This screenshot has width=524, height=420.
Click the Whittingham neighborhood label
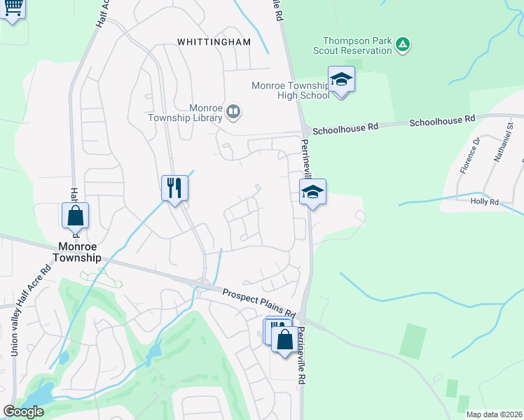tap(214, 42)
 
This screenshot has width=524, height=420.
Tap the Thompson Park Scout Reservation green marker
tap(403, 45)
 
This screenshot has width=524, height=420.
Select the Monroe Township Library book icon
tap(234, 111)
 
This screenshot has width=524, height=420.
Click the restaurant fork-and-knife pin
tap(174, 188)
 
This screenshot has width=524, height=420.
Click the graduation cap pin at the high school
tap(341, 79)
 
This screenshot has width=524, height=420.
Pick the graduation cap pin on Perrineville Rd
tap(312, 192)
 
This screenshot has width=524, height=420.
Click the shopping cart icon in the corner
tap(13, 8)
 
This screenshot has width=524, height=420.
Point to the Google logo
tap(23, 412)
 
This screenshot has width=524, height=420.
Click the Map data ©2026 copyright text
tap(494, 414)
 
